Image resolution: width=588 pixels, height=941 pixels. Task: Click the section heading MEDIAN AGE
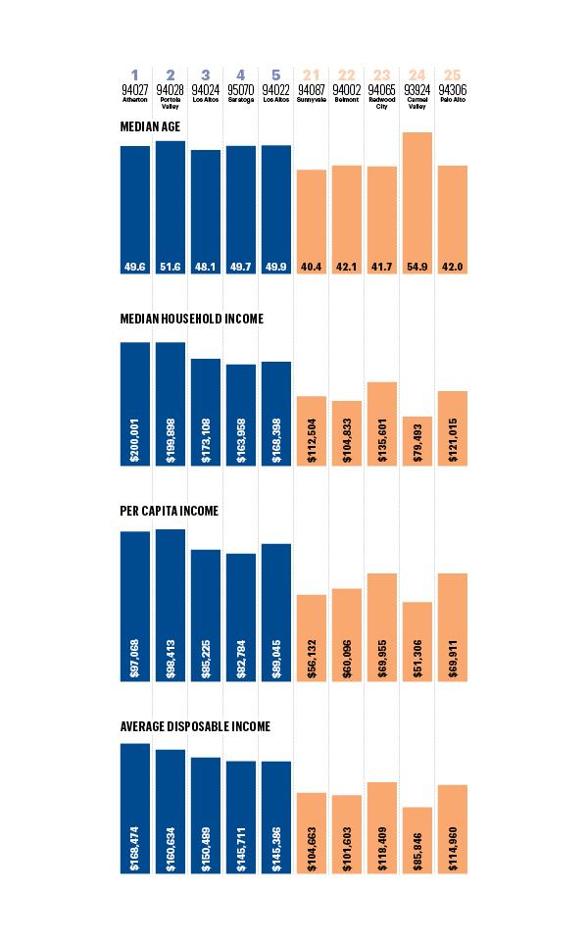pyautogui.click(x=149, y=126)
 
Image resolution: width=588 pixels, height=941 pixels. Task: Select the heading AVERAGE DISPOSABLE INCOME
pyautogui.click(x=195, y=726)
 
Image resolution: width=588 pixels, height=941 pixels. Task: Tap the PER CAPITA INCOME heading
pyautogui.click(x=169, y=511)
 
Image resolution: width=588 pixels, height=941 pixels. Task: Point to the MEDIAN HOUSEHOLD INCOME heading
pyautogui.click(x=191, y=319)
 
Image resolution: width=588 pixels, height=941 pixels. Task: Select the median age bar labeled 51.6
pyautogui.click(x=171, y=207)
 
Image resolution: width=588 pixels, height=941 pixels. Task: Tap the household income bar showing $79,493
pyautogui.click(x=417, y=441)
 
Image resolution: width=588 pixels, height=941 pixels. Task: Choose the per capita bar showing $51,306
pyautogui.click(x=417, y=641)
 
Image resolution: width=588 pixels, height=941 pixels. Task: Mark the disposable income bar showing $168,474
pyautogui.click(x=135, y=808)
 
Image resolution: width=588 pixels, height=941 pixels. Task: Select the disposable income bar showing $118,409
pyautogui.click(x=382, y=827)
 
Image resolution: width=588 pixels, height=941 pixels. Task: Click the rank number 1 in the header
pyautogui.click(x=135, y=75)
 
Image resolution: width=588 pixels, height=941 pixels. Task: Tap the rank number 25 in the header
pyautogui.click(x=453, y=75)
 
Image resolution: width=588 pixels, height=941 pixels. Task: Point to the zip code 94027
pyautogui.click(x=135, y=89)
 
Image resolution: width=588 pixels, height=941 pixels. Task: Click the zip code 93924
pyautogui.click(x=417, y=89)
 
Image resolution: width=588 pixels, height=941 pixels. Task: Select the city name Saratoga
pyautogui.click(x=241, y=99)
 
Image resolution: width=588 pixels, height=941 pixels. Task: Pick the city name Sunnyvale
pyautogui.click(x=312, y=99)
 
